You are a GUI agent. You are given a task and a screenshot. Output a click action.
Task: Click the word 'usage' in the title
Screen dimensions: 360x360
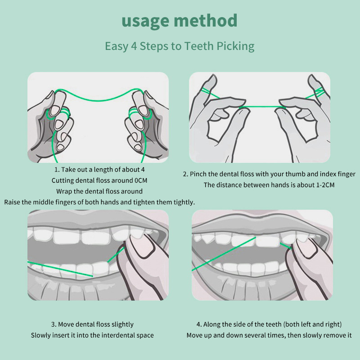click(x=145, y=22)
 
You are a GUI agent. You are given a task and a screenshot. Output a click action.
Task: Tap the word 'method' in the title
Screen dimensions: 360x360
click(x=206, y=20)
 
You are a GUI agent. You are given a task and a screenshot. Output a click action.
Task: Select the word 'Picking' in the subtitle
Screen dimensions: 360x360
click(x=235, y=46)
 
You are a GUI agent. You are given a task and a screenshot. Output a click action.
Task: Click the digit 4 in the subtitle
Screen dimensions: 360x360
click(x=134, y=46)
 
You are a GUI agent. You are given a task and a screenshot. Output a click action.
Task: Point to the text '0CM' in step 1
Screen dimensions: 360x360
click(x=141, y=180)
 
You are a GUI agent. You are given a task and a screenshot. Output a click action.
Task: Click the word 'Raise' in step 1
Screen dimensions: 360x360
click(x=12, y=202)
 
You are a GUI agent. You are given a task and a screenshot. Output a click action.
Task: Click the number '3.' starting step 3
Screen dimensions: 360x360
click(x=54, y=324)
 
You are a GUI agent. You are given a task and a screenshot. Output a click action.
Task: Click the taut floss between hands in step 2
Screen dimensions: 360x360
click(x=261, y=107)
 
